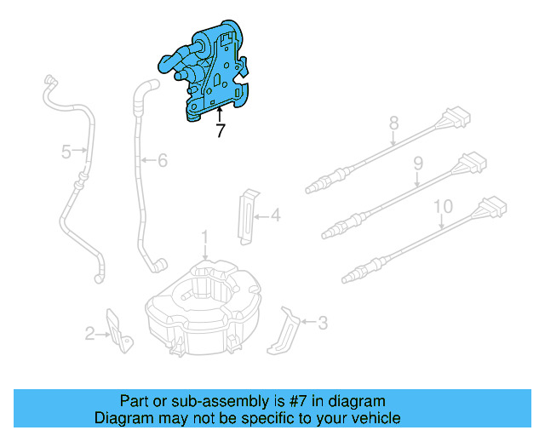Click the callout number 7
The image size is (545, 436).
click(x=221, y=131)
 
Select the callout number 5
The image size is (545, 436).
click(x=66, y=152)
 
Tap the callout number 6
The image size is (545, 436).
click(x=163, y=159)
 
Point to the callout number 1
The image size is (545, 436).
click(x=204, y=235)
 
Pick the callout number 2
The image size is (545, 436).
click(x=90, y=335)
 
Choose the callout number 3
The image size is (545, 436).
click(x=322, y=323)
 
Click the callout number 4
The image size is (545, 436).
click(x=275, y=216)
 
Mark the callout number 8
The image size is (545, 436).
click(x=393, y=124)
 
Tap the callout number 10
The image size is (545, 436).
click(x=443, y=206)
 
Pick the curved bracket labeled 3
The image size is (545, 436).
click(x=285, y=332)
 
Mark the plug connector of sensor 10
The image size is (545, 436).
click(x=492, y=207)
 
